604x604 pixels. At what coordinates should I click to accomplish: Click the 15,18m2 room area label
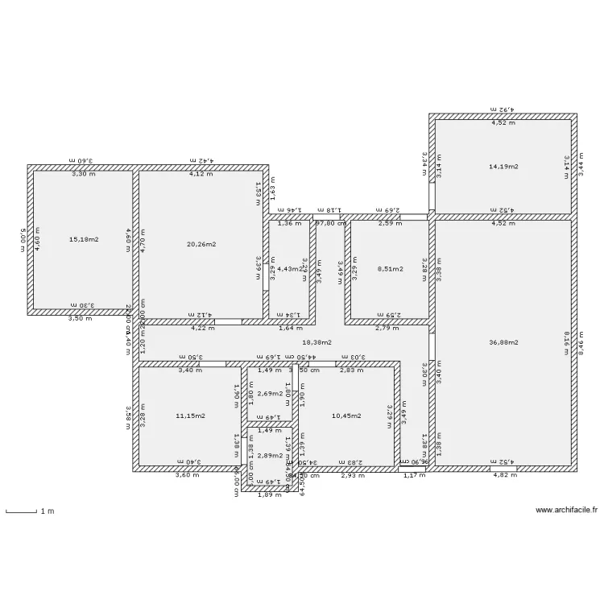(84, 240)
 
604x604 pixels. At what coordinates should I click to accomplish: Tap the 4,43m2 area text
(288, 269)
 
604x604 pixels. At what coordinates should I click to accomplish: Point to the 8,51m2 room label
(391, 269)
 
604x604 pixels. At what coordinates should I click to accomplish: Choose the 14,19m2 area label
(503, 167)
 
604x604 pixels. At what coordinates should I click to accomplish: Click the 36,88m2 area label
(503, 342)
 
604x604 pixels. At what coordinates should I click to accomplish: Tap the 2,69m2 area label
(269, 394)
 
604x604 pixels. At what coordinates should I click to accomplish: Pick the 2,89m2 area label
(269, 456)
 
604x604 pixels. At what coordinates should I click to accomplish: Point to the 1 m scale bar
(23, 511)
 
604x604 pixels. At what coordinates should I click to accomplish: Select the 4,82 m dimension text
(504, 476)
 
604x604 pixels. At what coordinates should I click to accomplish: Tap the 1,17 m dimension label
(412, 476)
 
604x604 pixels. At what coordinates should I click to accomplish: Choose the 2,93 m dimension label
(354, 476)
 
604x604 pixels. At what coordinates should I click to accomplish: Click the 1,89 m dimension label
(269, 494)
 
